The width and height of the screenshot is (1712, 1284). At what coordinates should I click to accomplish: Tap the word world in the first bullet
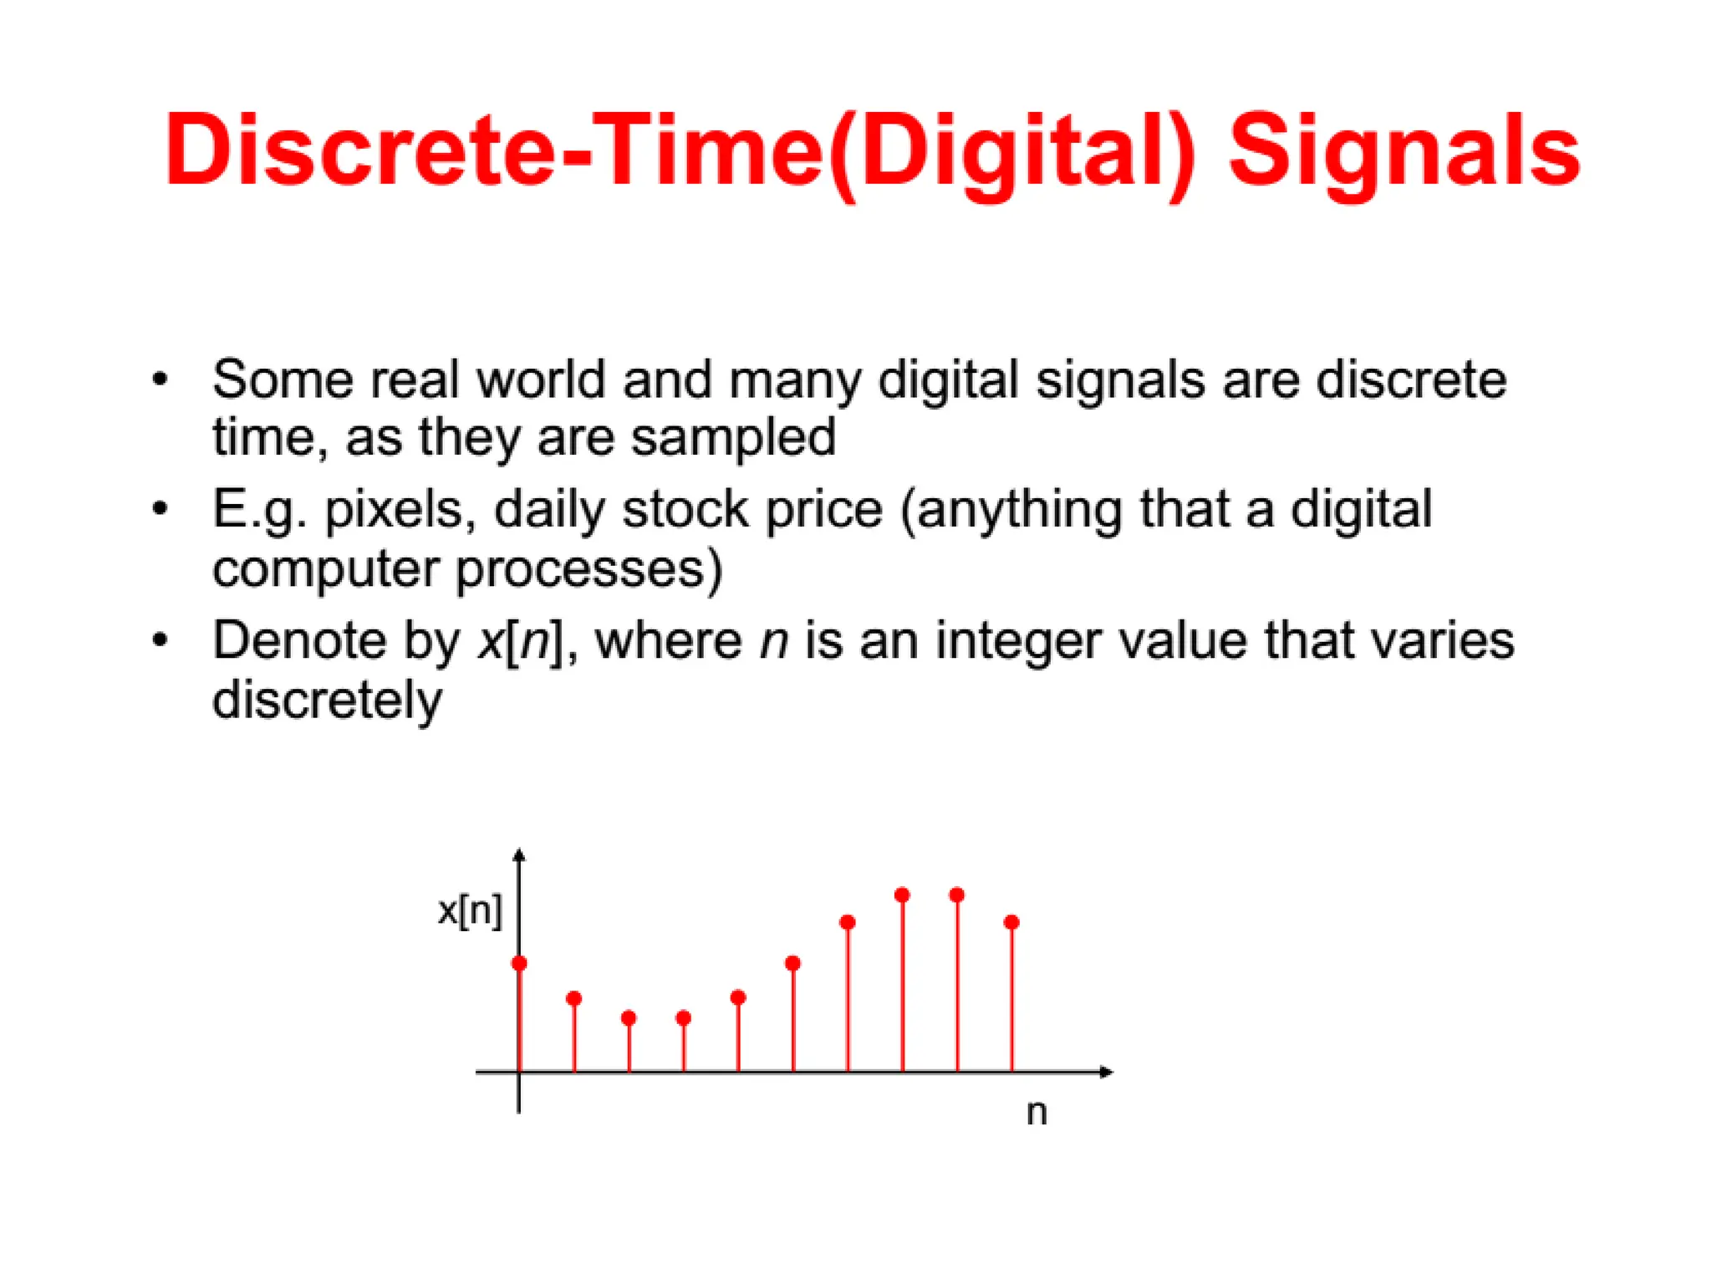coord(541,380)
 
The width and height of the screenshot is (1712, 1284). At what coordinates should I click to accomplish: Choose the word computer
coord(325,570)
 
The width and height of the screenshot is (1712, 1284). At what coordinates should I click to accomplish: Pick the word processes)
coord(589,570)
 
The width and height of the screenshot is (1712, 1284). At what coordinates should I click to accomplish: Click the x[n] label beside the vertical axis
coord(470,910)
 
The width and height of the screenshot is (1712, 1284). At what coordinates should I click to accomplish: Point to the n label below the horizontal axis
coord(1037,1113)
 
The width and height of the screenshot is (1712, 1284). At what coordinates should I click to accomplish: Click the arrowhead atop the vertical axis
coord(519,854)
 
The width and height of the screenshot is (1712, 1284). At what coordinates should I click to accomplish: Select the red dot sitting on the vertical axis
coord(519,964)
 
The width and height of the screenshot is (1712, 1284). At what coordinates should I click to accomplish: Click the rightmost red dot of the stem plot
coord(1011,922)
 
